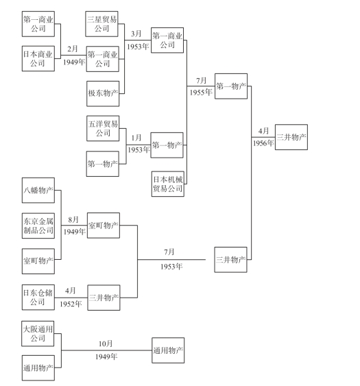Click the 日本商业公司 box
[38, 58]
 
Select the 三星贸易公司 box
[101, 24]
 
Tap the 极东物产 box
[103, 93]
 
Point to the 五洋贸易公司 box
[103, 128]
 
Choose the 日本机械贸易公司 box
[168, 184]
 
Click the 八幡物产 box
[38, 191]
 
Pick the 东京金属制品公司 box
[38, 226]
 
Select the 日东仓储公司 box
[38, 298]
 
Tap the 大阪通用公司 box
[38, 334]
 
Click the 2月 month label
[73, 49]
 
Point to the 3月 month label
[136, 34]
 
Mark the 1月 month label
[136, 137]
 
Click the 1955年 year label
[201, 93]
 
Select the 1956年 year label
[263, 143]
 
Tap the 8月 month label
[73, 219]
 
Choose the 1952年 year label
[71, 304]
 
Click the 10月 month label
[106, 343]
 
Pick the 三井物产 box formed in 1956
[291, 137]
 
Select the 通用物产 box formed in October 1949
[168, 350]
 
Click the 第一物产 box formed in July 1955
[231, 86]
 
